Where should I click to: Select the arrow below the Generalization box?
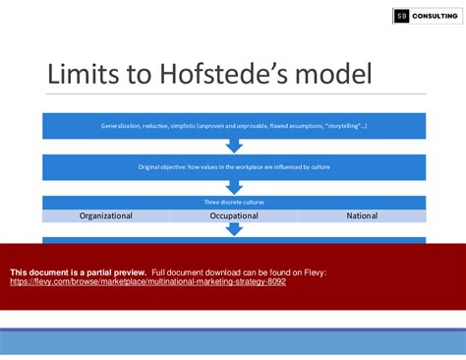(234, 146)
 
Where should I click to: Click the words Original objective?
(160, 167)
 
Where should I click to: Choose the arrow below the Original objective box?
(234, 187)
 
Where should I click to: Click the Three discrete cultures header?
(234, 202)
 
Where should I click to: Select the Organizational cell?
(105, 214)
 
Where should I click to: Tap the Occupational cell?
(234, 214)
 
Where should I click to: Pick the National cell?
(361, 214)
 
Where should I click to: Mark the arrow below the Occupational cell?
(234, 229)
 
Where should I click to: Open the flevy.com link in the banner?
(147, 281)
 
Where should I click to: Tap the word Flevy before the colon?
(314, 271)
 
